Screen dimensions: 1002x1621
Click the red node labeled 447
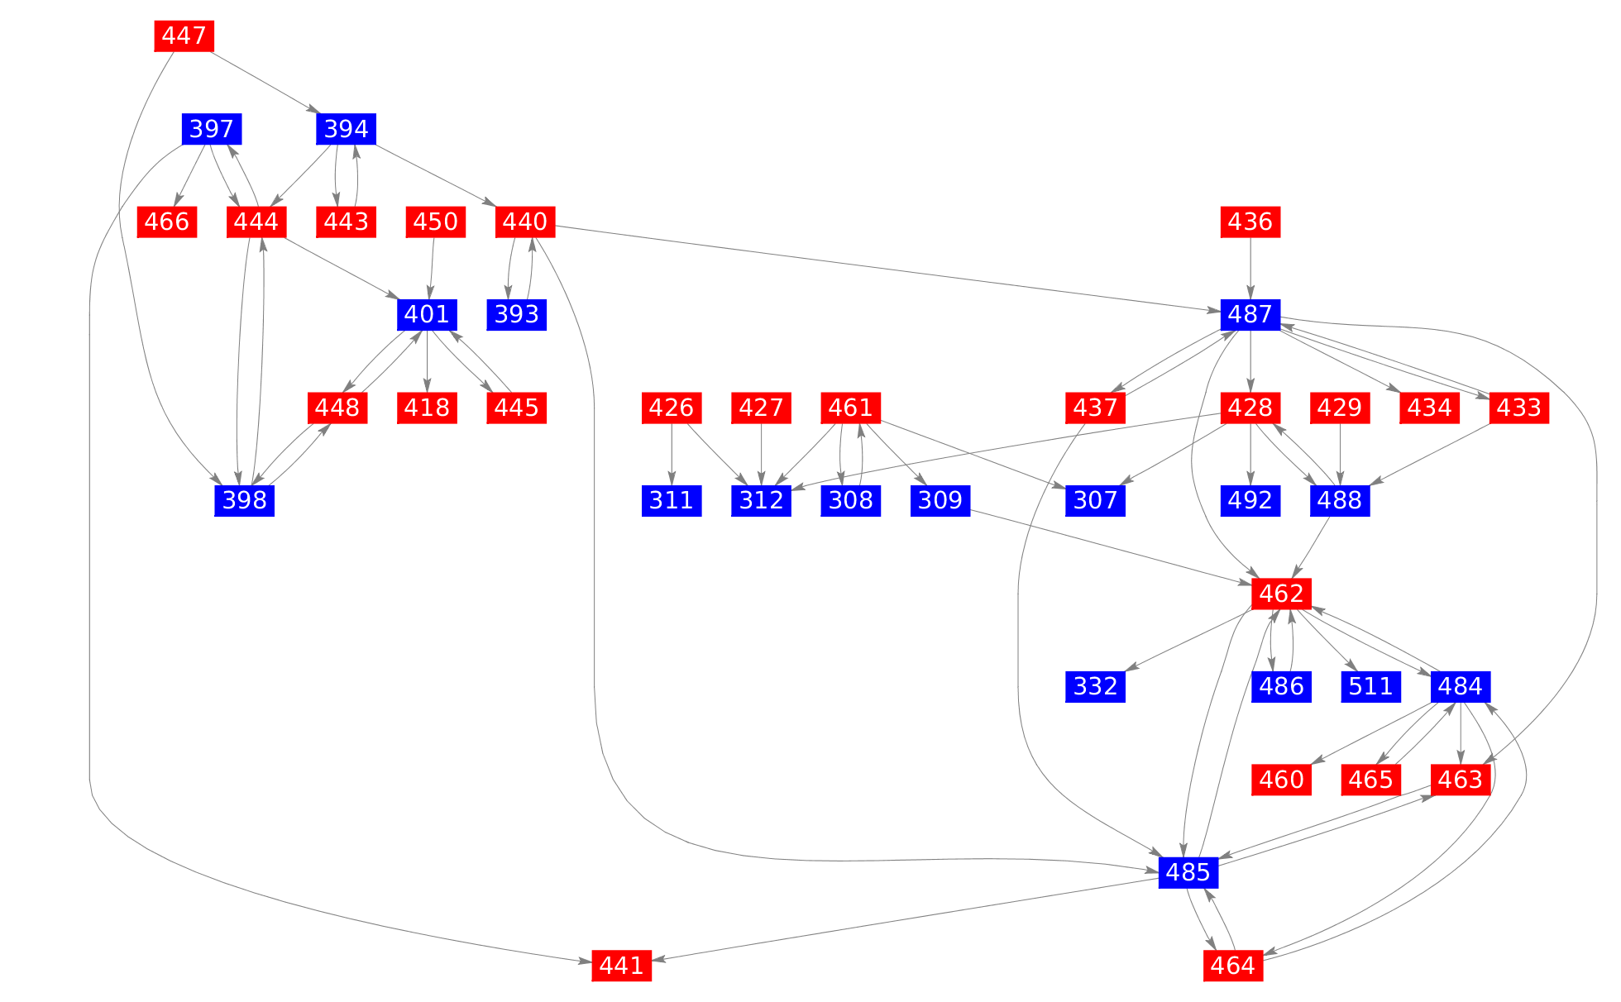point(184,36)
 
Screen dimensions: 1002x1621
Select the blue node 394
point(346,129)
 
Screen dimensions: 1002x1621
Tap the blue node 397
point(212,129)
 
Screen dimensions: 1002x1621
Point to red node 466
point(167,222)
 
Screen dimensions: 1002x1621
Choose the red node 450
point(435,222)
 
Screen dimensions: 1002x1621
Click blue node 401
point(427,314)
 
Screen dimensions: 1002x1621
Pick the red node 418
point(427,408)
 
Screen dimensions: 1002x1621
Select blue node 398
point(245,500)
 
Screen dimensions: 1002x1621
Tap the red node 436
point(1250,222)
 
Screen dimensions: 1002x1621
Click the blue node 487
point(1250,314)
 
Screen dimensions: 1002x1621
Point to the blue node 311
point(672,500)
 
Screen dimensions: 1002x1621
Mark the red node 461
point(850,408)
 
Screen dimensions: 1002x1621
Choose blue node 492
point(1250,500)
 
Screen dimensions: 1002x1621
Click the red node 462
point(1282,594)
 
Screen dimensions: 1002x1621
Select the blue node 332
point(1095,686)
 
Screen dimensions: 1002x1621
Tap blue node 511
point(1371,686)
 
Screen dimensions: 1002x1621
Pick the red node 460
point(1282,780)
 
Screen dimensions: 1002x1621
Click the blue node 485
point(1188,872)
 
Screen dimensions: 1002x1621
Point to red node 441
point(622,965)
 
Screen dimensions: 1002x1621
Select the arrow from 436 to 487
point(1250,268)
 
